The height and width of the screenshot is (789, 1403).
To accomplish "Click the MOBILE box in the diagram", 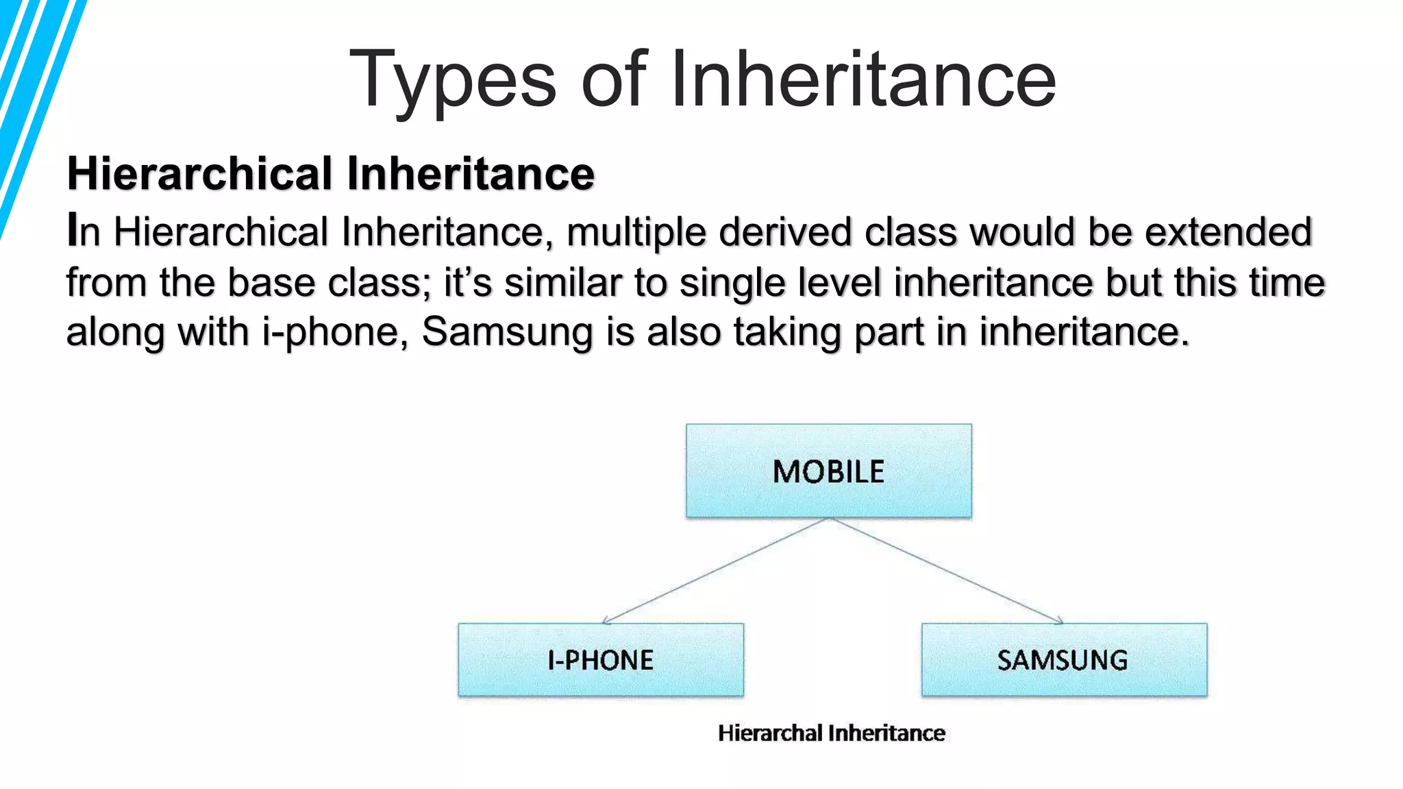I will pos(828,471).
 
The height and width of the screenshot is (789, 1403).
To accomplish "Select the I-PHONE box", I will pos(601,660).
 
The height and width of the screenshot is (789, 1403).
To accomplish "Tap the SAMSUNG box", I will pos(1064,660).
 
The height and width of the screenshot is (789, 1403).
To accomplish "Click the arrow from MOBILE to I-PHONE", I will pos(716,571).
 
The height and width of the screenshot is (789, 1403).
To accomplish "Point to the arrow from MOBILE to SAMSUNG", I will pos(946,571).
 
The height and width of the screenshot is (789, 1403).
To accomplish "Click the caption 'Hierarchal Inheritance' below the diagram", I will pos(831,733).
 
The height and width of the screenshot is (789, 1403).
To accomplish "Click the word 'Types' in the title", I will pos(453,81).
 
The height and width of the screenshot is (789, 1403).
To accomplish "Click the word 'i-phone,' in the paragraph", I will pos(335,333).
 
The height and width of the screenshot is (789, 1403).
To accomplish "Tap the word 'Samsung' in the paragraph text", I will pos(506,333).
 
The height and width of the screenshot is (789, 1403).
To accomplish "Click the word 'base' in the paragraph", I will pos(271,282).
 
